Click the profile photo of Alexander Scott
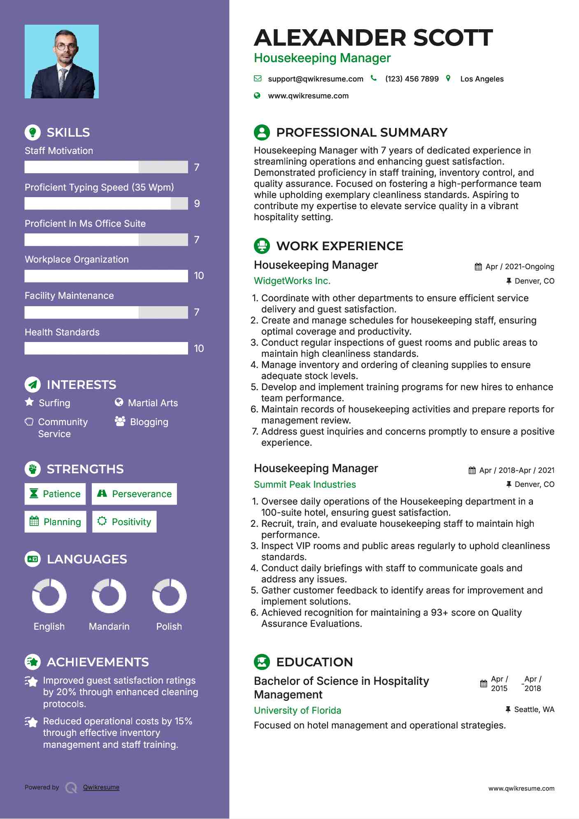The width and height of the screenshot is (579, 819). pyautogui.click(x=62, y=62)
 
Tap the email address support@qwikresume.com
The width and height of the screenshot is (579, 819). pyautogui.click(x=316, y=79)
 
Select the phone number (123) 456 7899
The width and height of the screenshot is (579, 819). pyautogui.click(x=412, y=79)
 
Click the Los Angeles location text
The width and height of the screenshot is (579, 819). pyautogui.click(x=482, y=79)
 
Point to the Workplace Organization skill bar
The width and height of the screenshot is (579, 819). pyautogui.click(x=106, y=276)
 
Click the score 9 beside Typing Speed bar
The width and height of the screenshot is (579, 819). pyautogui.click(x=197, y=204)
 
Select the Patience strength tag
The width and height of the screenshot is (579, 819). pyautogui.click(x=55, y=494)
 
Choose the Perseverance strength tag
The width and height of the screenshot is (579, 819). pyautogui.click(x=135, y=494)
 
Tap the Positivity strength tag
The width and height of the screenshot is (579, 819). pyautogui.click(x=124, y=522)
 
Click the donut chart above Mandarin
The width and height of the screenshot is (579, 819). pyautogui.click(x=109, y=596)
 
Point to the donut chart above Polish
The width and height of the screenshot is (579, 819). pyautogui.click(x=169, y=596)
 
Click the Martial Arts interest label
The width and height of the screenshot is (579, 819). pyautogui.click(x=153, y=403)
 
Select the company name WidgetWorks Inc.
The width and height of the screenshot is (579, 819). pyautogui.click(x=292, y=281)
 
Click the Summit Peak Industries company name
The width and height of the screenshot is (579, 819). pyautogui.click(x=305, y=484)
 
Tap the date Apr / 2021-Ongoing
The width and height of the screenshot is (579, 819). pyautogui.click(x=520, y=267)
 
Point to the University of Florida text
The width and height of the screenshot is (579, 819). pyautogui.click(x=298, y=710)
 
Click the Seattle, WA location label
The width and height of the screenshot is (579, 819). pyautogui.click(x=534, y=710)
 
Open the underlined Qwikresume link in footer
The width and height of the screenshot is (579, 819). pyautogui.click(x=101, y=787)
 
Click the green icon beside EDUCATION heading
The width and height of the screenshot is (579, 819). pyautogui.click(x=262, y=662)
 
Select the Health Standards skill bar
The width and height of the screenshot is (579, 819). pyautogui.click(x=106, y=349)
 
